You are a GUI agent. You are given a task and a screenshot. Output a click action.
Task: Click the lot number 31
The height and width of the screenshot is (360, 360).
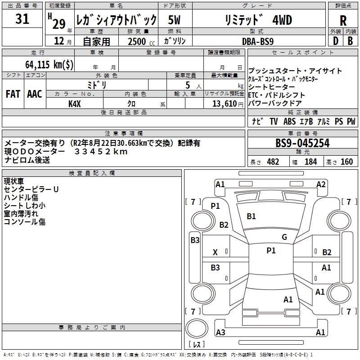click(22, 19)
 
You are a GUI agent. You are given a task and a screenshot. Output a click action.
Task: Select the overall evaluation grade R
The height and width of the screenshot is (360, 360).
click(343, 20)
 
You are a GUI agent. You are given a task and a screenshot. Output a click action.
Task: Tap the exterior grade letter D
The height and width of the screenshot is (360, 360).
click(336, 41)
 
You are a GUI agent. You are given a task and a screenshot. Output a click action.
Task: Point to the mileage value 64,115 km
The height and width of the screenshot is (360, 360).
click(49, 64)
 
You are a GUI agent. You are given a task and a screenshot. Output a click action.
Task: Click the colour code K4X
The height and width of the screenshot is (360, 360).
click(74, 103)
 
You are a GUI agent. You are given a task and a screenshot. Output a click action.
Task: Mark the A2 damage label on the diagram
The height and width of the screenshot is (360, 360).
click(321, 184)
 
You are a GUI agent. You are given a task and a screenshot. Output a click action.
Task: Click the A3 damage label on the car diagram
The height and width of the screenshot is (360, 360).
click(220, 333)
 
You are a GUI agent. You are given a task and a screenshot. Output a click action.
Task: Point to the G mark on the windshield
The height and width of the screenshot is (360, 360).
click(284, 237)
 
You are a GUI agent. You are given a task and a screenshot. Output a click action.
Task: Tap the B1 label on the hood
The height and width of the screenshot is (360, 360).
click(251, 216)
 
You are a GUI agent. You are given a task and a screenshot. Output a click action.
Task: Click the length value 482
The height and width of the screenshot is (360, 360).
click(273, 162)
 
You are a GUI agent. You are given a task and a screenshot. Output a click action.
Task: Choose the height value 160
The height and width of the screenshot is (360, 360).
click(346, 162)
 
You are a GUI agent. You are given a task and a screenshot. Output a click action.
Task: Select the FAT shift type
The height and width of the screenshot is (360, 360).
click(13, 94)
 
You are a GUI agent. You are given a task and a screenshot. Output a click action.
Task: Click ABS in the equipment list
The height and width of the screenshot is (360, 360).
click(289, 121)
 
